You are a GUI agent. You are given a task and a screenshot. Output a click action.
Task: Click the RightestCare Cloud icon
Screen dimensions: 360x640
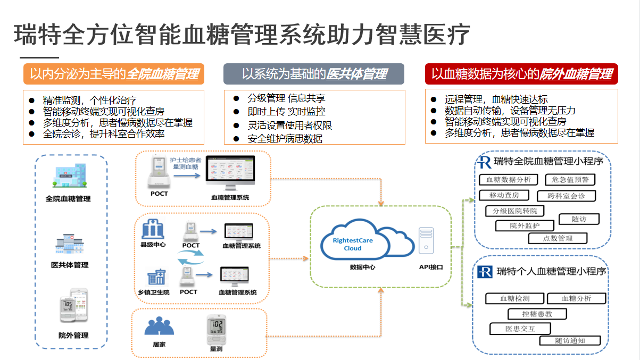[x=367, y=242]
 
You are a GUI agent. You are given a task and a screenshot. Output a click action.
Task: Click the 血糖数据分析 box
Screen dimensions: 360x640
[x=508, y=180]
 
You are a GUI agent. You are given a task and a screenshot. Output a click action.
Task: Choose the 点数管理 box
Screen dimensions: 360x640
[x=558, y=238]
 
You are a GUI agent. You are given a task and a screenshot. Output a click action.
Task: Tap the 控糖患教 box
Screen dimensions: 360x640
[x=537, y=314]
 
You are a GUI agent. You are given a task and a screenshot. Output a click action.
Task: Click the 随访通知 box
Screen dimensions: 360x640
[x=570, y=341]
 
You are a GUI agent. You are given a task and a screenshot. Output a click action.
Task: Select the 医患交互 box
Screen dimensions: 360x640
[x=520, y=329]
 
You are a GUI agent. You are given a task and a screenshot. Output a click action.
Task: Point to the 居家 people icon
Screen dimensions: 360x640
[x=159, y=326]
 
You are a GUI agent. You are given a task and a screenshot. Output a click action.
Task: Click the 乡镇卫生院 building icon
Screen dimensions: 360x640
[x=156, y=277]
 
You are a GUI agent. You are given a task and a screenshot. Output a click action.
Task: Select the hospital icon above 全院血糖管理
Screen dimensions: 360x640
[x=68, y=176]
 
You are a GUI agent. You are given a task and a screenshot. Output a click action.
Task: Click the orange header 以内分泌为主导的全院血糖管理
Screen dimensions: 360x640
[x=114, y=74]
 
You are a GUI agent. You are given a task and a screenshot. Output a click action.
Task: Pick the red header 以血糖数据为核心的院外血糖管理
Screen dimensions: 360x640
[x=521, y=74]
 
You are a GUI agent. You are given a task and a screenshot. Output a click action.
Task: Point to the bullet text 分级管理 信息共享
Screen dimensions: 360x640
[x=286, y=98]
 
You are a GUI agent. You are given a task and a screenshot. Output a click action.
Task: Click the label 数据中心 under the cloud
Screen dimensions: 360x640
[x=362, y=267]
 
